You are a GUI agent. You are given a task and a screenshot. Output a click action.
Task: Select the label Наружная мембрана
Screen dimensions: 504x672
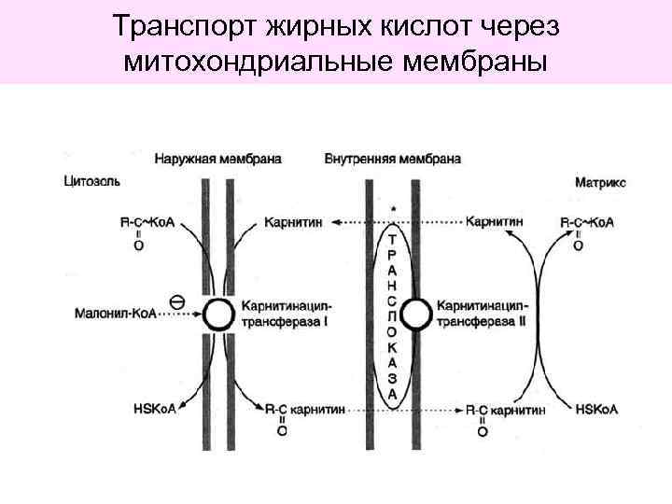pos(218,159)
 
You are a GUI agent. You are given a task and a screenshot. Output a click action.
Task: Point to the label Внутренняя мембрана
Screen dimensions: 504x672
pos(393,159)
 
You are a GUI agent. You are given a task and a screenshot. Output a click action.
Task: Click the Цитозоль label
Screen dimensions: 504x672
pos(91,179)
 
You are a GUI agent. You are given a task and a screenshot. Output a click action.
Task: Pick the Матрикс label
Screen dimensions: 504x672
pos(601,183)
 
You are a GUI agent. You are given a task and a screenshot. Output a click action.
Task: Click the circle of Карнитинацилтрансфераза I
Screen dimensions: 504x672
pos(217,315)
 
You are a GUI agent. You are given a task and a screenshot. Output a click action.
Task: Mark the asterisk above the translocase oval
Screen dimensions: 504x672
pos(393,209)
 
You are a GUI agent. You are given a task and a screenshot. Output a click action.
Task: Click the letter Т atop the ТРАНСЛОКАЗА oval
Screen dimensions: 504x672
pos(393,240)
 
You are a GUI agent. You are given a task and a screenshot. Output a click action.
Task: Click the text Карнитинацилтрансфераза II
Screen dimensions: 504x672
pos(485,314)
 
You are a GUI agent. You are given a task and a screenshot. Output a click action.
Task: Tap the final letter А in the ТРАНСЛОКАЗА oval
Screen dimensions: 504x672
pos(393,395)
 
